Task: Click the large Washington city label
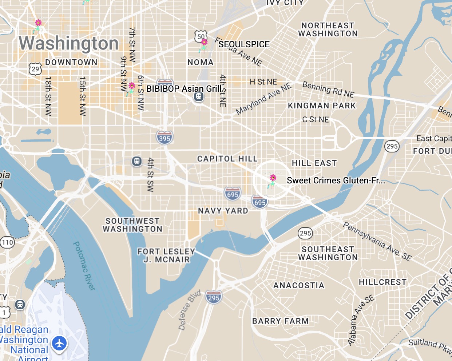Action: click(x=69, y=43)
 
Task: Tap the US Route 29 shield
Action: click(x=35, y=69)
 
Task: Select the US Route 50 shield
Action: click(x=201, y=36)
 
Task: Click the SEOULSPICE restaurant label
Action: click(x=244, y=44)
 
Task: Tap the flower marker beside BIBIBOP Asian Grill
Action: click(x=131, y=87)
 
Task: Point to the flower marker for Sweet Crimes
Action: click(x=272, y=179)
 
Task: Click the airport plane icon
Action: click(x=59, y=343)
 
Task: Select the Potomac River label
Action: click(x=84, y=266)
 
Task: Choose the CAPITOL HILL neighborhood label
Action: click(x=227, y=159)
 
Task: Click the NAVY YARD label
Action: click(x=223, y=211)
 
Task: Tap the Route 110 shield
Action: click(x=7, y=242)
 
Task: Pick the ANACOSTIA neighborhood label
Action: click(x=299, y=285)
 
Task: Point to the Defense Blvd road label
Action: click(x=189, y=310)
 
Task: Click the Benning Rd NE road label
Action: click(x=328, y=90)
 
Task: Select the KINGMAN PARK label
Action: click(x=322, y=106)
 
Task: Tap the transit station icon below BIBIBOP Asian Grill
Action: click(x=198, y=97)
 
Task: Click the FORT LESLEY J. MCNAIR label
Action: click(x=166, y=255)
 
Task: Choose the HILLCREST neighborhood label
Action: click(x=382, y=282)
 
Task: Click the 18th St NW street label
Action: click(x=48, y=96)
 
